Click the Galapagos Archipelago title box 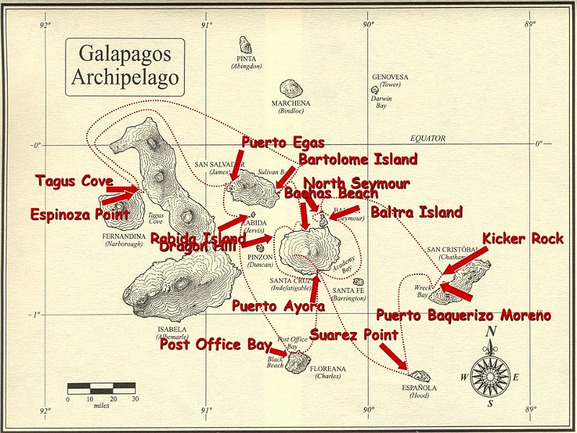(125, 67)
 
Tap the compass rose (490, 375)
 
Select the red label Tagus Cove (74, 181)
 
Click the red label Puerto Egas (283, 142)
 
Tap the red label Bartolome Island (358, 159)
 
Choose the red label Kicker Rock (523, 239)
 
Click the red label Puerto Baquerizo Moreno (463, 315)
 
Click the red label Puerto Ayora (278, 306)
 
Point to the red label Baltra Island (416, 212)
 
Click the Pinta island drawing (246, 45)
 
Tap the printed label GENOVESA (390, 77)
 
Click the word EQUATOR (428, 139)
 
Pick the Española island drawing (419, 376)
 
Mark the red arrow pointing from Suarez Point (393, 356)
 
